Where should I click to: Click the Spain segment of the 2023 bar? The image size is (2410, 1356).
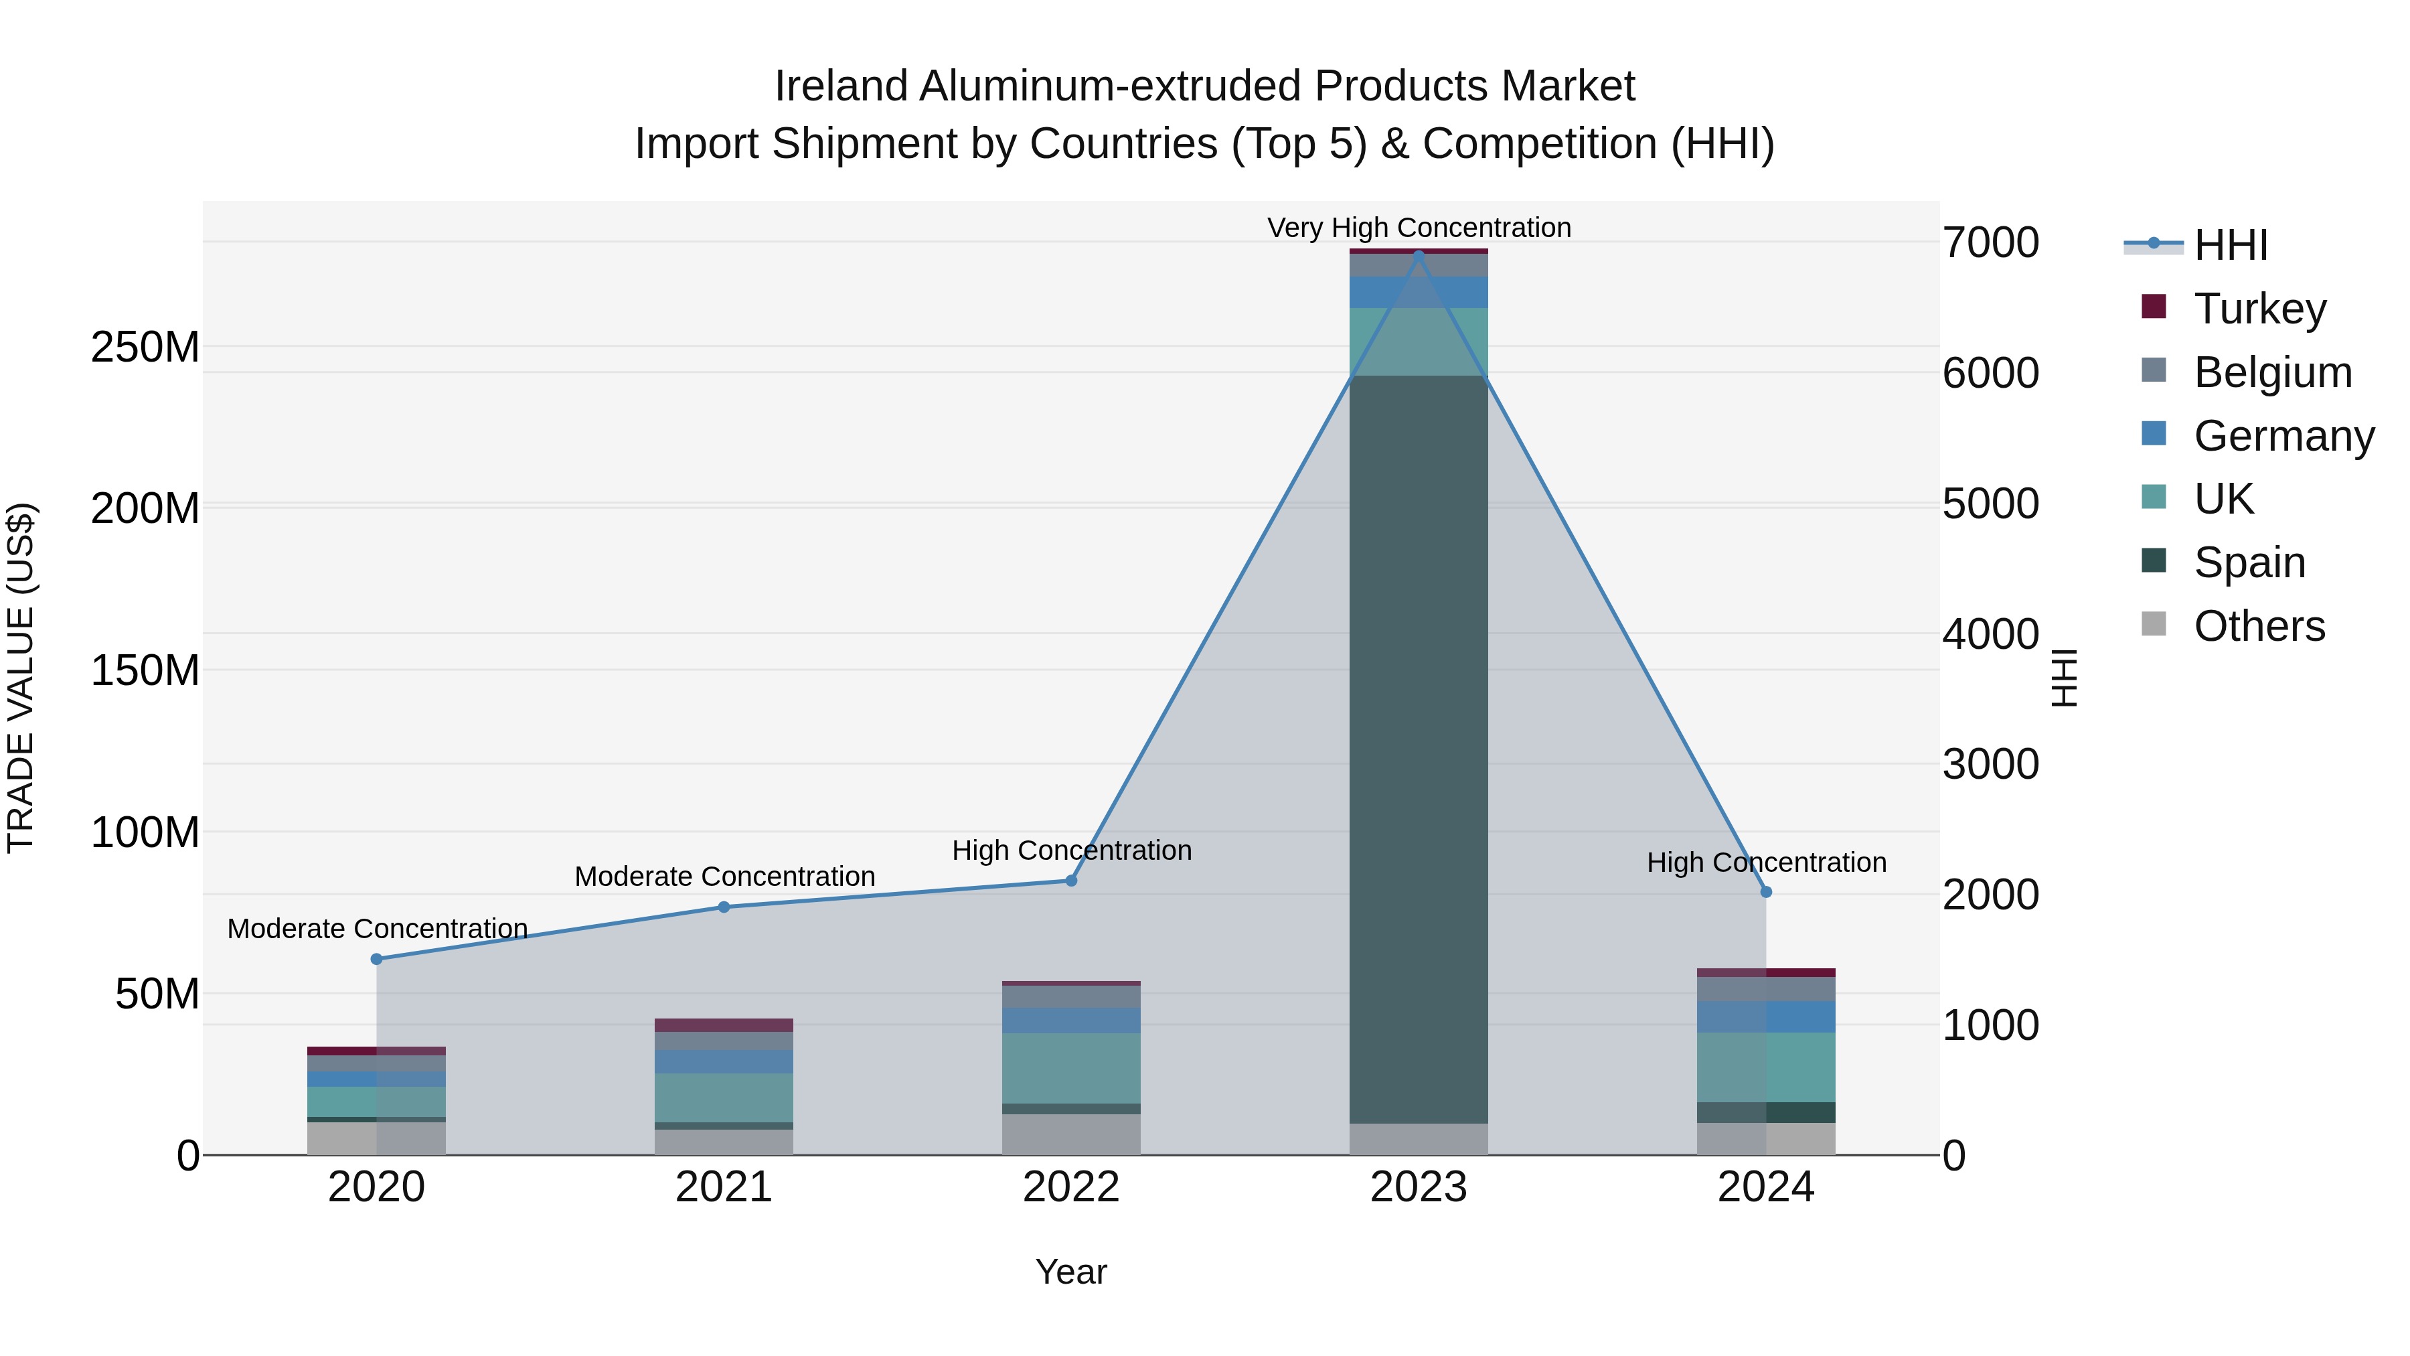[1419, 749]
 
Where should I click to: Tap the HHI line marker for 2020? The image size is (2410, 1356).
[377, 959]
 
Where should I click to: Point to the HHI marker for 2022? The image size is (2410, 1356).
[1071, 881]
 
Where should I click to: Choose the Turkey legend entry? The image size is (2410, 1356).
[2259, 309]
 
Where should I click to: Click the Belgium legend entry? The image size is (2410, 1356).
[2271, 372]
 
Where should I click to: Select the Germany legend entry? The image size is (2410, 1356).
[2283, 436]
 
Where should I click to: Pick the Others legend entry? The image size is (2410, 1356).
[2259, 626]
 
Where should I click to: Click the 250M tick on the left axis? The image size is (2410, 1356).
[145, 347]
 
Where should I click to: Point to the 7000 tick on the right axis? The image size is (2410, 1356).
[1991, 243]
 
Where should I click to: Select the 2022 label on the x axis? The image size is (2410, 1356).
[1071, 1187]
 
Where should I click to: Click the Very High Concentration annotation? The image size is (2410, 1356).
[1419, 228]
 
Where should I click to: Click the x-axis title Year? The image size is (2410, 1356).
[1071, 1272]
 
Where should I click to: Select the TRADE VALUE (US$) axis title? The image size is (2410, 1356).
[21, 678]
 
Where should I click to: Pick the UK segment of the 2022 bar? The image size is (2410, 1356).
[1071, 1068]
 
